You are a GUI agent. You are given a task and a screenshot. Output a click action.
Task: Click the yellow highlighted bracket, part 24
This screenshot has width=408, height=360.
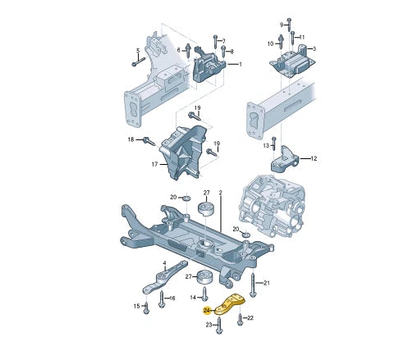coord(230,304)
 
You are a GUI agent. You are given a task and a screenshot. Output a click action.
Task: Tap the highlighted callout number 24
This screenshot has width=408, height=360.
coord(207,311)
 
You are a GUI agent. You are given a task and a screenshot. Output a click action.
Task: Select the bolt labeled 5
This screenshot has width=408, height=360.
coord(139,62)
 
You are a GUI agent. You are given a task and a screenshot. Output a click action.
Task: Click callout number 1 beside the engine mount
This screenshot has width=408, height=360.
coord(241,64)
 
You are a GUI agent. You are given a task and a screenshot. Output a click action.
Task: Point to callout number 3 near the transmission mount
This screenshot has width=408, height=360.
coord(314,48)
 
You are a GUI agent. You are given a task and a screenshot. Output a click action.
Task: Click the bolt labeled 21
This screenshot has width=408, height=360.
coord(253,285)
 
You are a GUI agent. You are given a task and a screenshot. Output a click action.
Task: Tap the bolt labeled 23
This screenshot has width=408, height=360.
coord(218,326)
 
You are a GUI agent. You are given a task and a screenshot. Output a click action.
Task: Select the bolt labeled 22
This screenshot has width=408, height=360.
coord(240,320)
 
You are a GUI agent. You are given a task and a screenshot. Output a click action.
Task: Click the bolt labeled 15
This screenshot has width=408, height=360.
coord(146,308)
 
